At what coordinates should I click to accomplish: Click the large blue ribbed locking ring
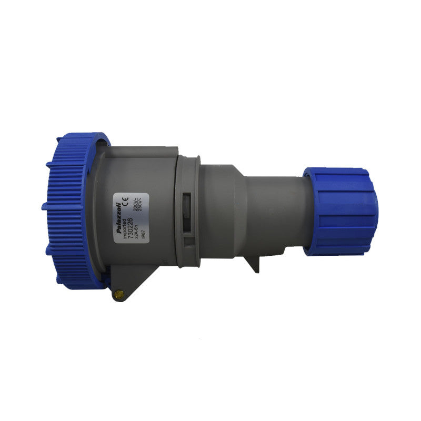click(x=68, y=210)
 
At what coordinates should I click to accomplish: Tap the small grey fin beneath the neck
click(x=255, y=263)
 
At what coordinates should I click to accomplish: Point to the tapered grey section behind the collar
click(x=221, y=210)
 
